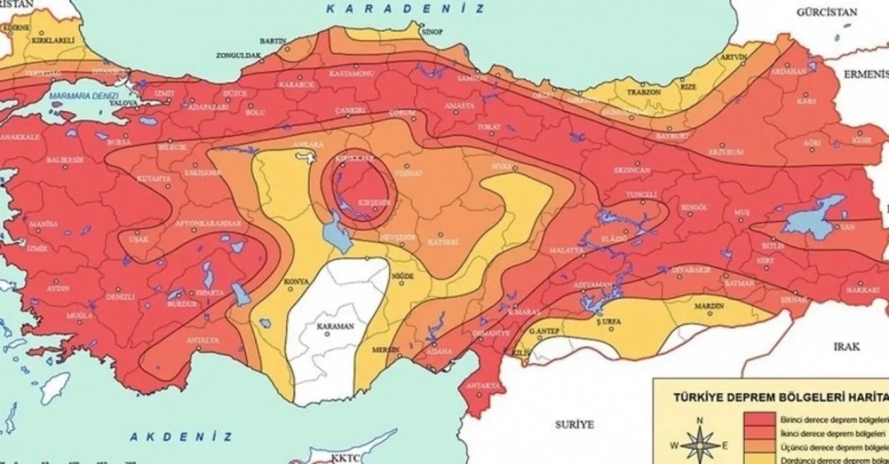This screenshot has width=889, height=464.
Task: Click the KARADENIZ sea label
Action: [405, 8]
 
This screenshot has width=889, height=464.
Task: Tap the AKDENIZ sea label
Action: [181, 437]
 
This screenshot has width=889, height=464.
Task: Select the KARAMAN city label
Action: [335, 326]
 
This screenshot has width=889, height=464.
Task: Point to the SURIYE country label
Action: [575, 424]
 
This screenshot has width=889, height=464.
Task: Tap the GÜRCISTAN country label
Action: [827, 12]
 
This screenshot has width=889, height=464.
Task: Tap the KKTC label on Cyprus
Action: [344, 457]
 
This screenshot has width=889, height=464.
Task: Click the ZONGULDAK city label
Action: [239, 55]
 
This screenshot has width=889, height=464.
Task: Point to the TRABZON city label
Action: [644, 92]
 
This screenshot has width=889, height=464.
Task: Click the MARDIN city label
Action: [709, 306]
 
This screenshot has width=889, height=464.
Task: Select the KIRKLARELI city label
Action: [53, 40]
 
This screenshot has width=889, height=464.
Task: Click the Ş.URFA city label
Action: [608, 321]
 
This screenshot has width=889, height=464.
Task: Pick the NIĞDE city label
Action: [402, 276]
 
